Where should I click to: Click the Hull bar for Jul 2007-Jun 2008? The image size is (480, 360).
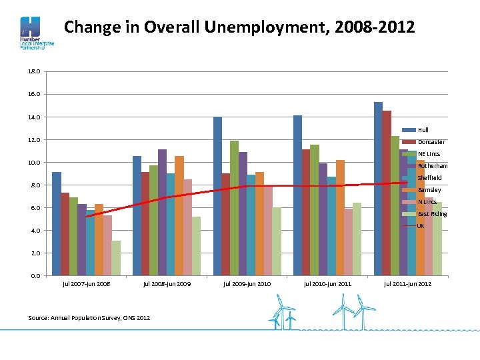point(57,224)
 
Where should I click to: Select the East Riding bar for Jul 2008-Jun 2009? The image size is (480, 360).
point(196,246)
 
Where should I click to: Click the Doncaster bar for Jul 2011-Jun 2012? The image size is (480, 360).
point(387,193)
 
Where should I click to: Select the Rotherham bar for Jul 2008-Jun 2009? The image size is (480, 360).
point(162,213)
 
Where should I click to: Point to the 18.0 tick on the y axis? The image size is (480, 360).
point(35,71)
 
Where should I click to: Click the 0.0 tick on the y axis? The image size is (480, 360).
point(35,275)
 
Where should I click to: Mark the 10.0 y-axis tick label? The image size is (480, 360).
point(35,162)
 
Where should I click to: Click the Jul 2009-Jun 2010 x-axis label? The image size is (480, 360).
point(247,284)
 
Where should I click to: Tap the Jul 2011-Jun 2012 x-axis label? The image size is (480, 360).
point(407,284)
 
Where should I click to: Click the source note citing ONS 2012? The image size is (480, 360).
point(89,317)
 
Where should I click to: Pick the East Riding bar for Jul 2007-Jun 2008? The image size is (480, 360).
point(116,258)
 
